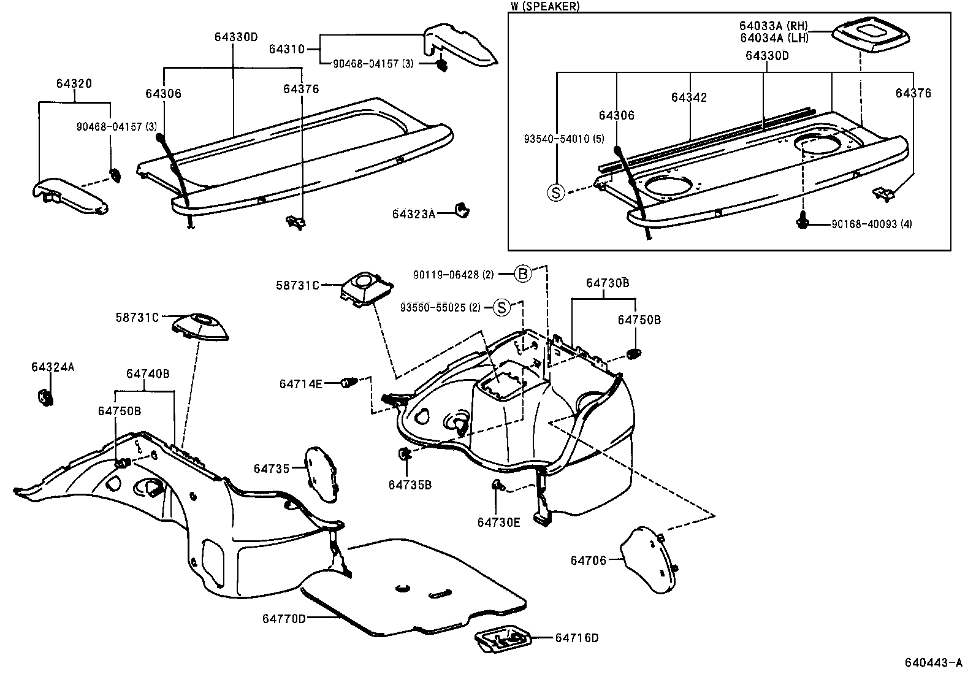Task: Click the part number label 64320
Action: tap(74, 83)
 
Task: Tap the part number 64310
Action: tap(287, 49)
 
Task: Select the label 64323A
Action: tap(413, 214)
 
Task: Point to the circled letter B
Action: tap(523, 274)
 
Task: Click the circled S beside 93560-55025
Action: tap(501, 308)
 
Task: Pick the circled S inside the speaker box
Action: tap(556, 192)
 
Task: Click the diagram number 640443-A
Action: tap(933, 663)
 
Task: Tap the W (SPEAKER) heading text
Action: tap(545, 7)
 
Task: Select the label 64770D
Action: tap(284, 619)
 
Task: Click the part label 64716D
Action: tap(577, 638)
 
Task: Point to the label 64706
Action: tap(588, 561)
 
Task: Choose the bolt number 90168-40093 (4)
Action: tap(871, 224)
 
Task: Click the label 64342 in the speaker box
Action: tap(689, 98)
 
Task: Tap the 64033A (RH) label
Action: tap(774, 26)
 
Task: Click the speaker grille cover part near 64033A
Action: tap(871, 40)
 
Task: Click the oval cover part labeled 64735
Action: tap(321, 475)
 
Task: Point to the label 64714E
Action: tap(300, 384)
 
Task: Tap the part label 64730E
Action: tap(498, 523)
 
